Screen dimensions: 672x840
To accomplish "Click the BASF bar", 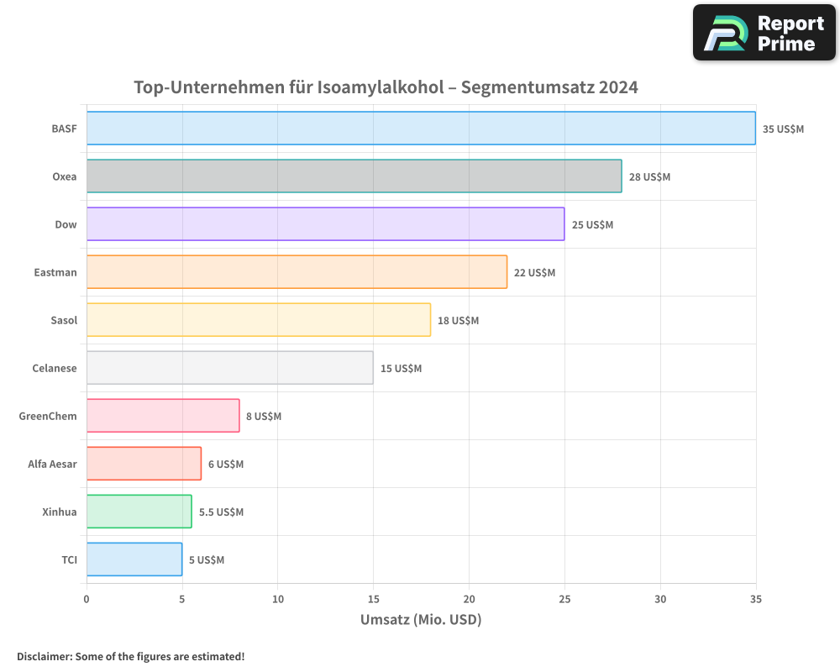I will pos(420,129).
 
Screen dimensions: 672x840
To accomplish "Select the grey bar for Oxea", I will pos(354,176).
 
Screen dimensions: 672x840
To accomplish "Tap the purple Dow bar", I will pos(325,224).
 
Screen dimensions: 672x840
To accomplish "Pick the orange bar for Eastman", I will pos(297,272).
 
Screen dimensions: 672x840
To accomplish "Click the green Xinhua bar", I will pos(139,512).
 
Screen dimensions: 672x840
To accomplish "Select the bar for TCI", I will pos(134,559).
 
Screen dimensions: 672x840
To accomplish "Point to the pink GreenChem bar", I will pos(163,416).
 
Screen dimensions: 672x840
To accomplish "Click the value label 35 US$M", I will pos(783,129).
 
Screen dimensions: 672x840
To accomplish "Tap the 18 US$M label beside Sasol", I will pos(458,321).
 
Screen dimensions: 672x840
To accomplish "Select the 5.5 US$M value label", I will pos(221,512).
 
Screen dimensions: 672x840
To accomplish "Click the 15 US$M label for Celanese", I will pos(401,369).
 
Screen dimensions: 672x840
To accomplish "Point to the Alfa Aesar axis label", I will pos(52,464).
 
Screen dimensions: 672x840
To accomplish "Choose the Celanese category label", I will pos(54,368).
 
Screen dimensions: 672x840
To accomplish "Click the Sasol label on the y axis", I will pos(64,320).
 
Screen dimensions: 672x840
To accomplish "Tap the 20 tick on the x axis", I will pos(469,600).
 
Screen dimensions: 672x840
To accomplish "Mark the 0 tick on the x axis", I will pos(87,600).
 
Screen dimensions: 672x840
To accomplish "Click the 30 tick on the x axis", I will pos(660,600).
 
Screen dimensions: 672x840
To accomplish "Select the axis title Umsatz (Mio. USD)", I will pos(420,620).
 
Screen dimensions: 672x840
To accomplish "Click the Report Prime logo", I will pos(764,33).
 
